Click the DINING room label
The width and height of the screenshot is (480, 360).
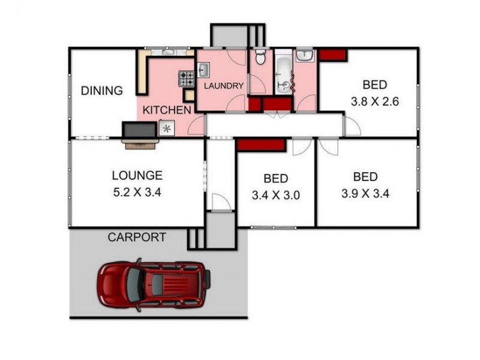(x=101, y=91)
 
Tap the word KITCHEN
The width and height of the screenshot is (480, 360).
(x=167, y=110)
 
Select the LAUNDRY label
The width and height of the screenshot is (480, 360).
(x=224, y=86)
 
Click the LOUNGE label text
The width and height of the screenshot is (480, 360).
(x=137, y=175)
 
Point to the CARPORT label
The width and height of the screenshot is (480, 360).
(x=137, y=237)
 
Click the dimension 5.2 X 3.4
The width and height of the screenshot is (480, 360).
(x=137, y=193)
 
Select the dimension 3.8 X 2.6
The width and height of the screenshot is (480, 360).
(x=374, y=101)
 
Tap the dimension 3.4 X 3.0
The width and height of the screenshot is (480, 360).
(x=276, y=195)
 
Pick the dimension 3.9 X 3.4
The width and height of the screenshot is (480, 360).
(x=365, y=193)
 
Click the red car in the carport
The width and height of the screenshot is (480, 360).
(x=154, y=284)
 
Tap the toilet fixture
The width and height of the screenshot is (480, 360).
(x=260, y=56)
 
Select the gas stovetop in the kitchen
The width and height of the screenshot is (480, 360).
(x=187, y=79)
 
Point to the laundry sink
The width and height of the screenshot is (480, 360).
(x=203, y=70)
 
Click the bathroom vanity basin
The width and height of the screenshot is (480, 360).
(x=304, y=55)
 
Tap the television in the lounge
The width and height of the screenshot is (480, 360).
(x=139, y=130)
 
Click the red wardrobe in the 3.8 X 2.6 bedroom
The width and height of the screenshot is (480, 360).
(x=333, y=55)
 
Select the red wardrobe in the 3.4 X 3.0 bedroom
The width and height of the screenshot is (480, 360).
(x=261, y=145)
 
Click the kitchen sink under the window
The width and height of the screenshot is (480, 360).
(x=168, y=52)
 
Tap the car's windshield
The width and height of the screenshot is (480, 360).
(x=134, y=284)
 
